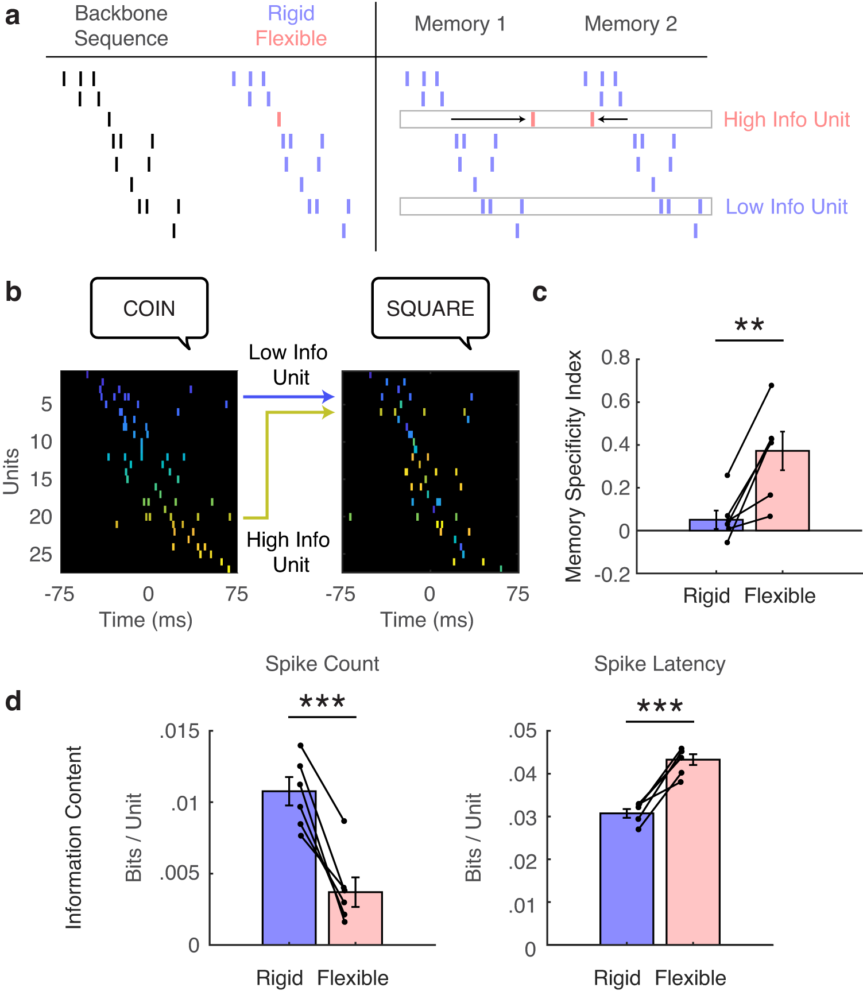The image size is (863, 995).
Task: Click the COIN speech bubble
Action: point(149,308)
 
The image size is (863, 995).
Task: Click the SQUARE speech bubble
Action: point(430,308)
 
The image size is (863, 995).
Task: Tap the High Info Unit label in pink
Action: point(786,119)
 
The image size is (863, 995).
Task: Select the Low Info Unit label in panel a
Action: point(786,207)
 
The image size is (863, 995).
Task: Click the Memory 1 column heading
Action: point(460,24)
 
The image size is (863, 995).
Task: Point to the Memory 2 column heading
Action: point(630,24)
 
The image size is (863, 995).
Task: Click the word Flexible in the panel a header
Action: point(291,38)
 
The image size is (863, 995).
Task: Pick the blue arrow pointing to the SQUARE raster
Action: point(287,396)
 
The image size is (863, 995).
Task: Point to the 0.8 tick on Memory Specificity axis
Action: point(616,358)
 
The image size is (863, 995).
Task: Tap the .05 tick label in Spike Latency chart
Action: point(523,731)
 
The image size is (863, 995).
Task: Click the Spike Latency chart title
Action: point(659,664)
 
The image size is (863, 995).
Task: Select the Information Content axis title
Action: point(73,837)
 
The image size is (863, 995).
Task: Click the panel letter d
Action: point(13,702)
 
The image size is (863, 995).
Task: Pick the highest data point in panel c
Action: point(771,385)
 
